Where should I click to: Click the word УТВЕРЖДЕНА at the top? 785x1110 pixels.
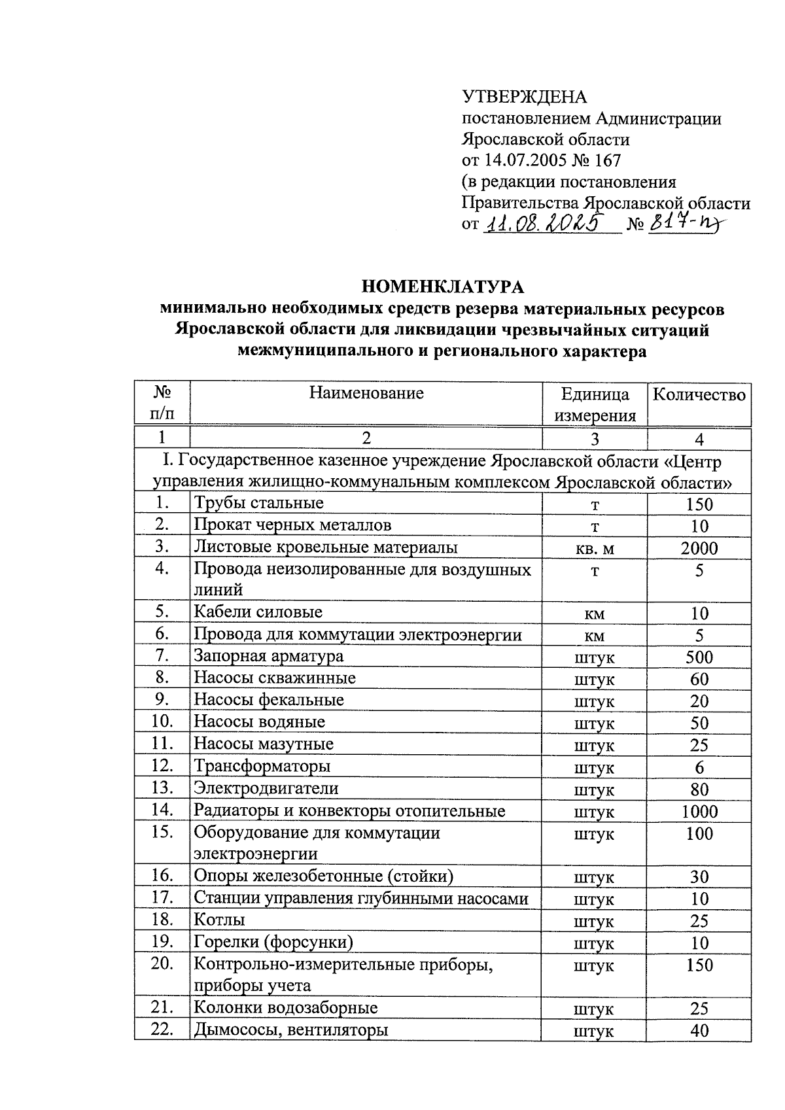[x=525, y=97]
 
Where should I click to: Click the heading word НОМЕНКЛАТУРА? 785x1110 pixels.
[x=443, y=287]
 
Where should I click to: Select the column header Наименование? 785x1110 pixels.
[x=366, y=393]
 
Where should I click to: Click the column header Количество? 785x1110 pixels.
[x=699, y=394]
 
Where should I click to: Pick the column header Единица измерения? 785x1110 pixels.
[x=595, y=405]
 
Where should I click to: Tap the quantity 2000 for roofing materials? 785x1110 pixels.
[x=699, y=549]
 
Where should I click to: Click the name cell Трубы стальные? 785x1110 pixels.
[x=259, y=503]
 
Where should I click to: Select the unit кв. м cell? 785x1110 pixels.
[x=595, y=549]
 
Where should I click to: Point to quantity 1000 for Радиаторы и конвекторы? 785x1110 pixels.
[x=699, y=812]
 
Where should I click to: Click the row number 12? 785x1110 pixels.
[x=162, y=766]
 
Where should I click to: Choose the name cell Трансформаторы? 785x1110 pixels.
[x=262, y=766]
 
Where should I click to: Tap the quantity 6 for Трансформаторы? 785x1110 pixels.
[x=699, y=768]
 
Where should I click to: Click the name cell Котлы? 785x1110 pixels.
[x=219, y=920]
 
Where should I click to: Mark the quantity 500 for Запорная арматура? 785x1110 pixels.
[x=699, y=657]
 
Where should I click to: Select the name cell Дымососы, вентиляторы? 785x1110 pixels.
[x=290, y=1030]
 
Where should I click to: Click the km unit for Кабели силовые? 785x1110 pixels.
[x=595, y=614]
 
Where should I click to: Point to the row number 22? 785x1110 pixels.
[x=162, y=1030]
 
